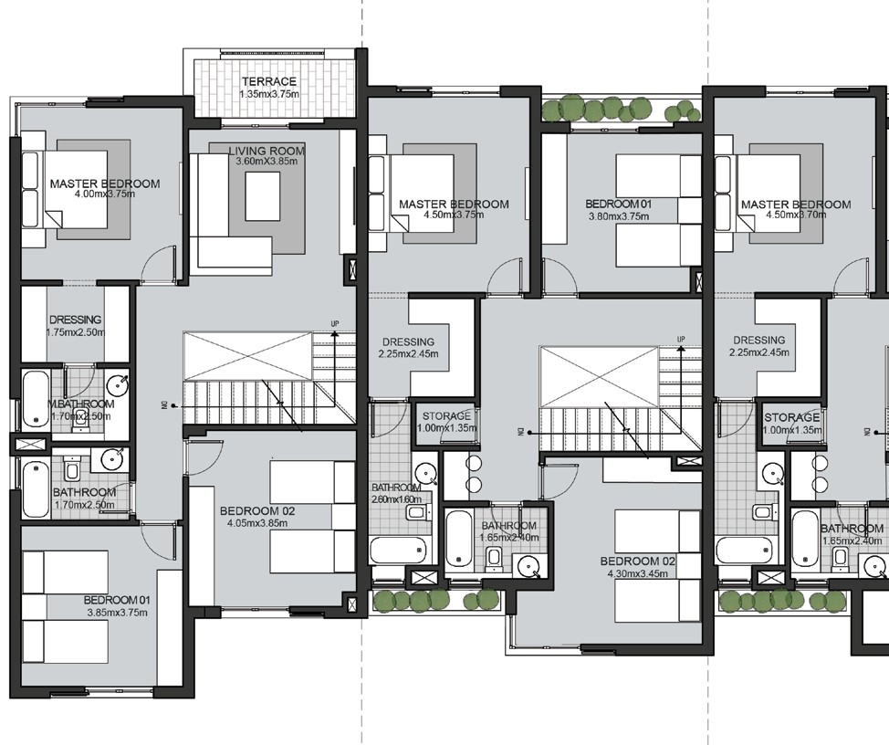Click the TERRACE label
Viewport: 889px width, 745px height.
pos(267,82)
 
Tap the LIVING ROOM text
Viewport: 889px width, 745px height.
pos(267,151)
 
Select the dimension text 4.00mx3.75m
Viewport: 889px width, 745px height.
pos(104,194)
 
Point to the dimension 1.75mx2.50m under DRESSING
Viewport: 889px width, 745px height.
pos(75,331)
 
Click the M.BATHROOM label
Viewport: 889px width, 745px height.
pos(81,404)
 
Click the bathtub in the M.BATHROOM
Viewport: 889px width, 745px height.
pos(37,399)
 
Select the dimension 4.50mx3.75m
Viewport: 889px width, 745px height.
pos(453,215)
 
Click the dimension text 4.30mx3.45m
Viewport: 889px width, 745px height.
pos(637,574)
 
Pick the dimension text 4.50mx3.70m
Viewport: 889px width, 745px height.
pos(795,215)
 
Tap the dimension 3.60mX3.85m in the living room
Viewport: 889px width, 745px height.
pos(267,162)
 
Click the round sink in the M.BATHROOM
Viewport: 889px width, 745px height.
pos(116,383)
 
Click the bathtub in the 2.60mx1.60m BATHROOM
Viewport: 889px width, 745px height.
pos(398,551)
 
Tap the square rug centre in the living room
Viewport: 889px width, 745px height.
pos(262,193)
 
